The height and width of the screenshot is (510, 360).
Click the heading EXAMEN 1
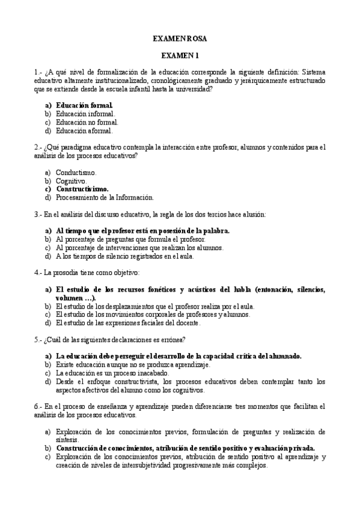pyautogui.click(x=180, y=56)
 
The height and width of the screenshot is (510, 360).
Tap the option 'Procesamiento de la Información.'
pyautogui.click(x=105, y=197)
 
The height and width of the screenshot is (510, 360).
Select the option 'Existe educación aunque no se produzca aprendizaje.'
pyautogui.click(x=132, y=364)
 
